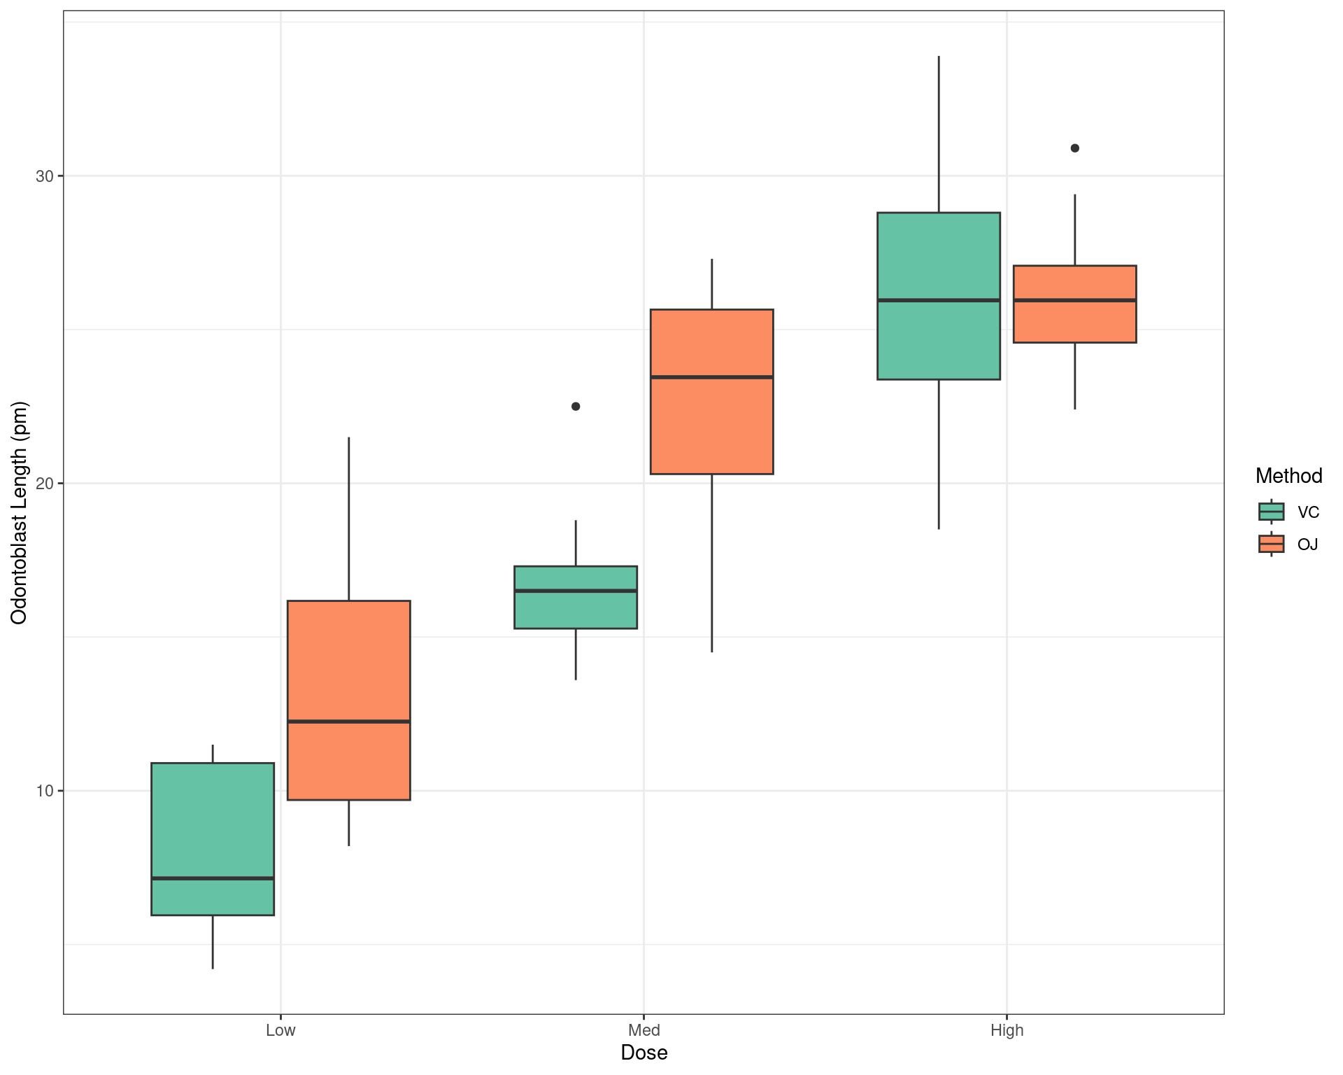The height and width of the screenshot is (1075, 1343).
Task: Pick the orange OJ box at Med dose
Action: point(711,420)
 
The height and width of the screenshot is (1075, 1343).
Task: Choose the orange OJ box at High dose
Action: point(1074,322)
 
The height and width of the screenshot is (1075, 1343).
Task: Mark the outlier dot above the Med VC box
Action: point(576,407)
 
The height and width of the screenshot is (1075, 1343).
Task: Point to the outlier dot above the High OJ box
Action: point(1075,148)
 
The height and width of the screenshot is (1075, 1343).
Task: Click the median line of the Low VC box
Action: point(213,878)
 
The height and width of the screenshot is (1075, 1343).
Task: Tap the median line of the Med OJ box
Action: point(711,377)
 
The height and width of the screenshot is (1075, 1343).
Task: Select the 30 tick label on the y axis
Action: point(45,176)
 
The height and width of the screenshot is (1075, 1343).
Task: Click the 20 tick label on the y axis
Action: point(45,484)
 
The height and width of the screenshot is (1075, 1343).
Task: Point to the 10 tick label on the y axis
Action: point(45,791)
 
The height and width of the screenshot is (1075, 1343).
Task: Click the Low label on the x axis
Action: point(280,1030)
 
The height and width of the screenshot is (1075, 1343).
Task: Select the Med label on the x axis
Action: point(644,1030)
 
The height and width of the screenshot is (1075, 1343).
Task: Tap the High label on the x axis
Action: point(1007,1030)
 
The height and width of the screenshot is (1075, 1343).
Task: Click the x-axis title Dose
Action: point(644,1053)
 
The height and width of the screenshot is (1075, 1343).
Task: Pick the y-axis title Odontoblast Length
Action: point(19,512)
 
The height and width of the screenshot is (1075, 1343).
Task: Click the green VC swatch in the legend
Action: point(1271,512)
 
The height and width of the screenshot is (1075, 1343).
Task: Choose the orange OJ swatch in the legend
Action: point(1271,544)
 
